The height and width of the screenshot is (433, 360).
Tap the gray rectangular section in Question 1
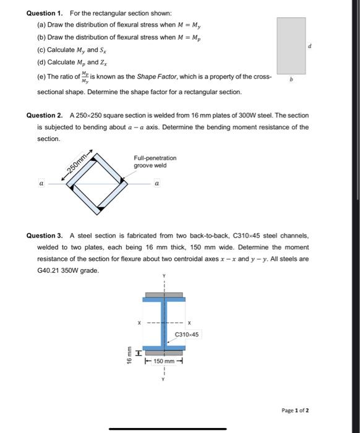click(291, 45)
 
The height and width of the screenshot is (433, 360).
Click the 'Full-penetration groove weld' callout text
click(155, 162)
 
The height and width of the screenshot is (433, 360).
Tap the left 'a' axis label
click(41, 184)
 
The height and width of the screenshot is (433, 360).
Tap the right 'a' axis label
click(157, 184)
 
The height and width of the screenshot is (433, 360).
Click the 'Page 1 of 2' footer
click(294, 410)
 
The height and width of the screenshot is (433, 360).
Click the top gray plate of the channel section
click(164, 294)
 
